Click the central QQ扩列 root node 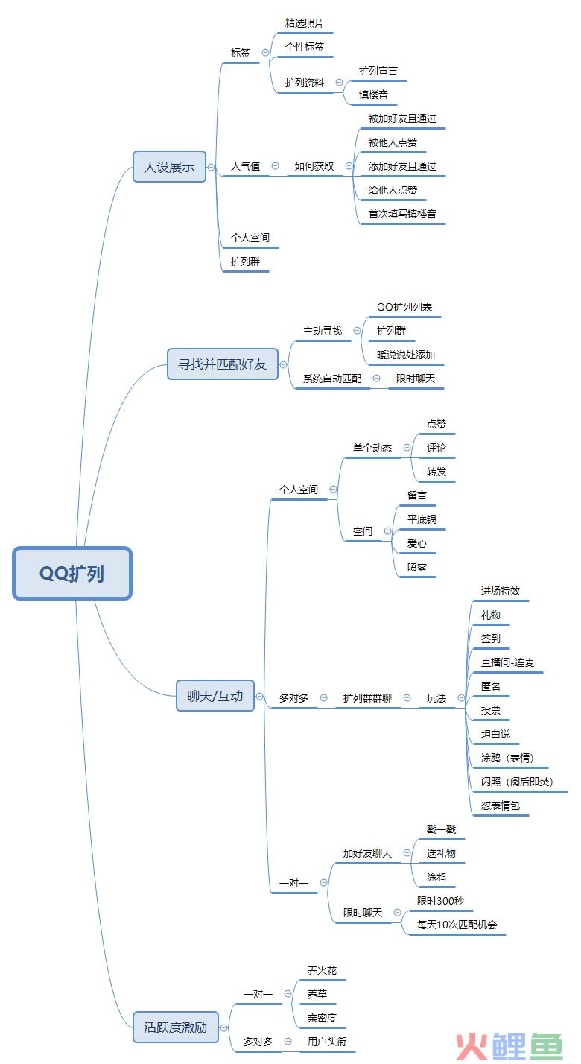point(72,573)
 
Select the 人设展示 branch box point(170,167)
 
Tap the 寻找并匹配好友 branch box point(223,364)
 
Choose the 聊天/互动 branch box point(215,696)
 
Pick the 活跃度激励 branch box point(176,1027)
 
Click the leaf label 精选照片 point(304,23)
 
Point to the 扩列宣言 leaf point(378,71)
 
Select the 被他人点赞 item point(393,142)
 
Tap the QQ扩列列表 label point(404,307)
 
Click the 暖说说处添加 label point(406,355)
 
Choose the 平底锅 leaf point(422,519)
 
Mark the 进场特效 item point(501,591)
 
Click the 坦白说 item point(495,734)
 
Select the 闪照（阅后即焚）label point(518,782)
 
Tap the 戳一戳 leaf point(441,829)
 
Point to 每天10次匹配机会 point(457,925)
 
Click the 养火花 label point(322,970)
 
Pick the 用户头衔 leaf point(326,1042)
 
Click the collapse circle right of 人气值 point(275,165)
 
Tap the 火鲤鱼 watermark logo point(509,1045)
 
